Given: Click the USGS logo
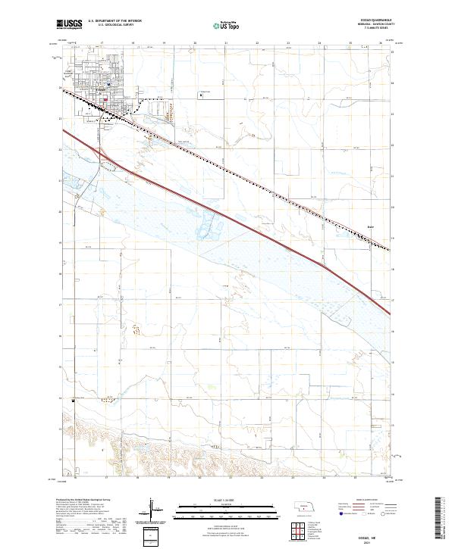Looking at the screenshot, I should point(69,24).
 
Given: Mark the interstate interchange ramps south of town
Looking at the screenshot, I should point(102,155).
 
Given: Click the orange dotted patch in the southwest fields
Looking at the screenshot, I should point(137,329).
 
